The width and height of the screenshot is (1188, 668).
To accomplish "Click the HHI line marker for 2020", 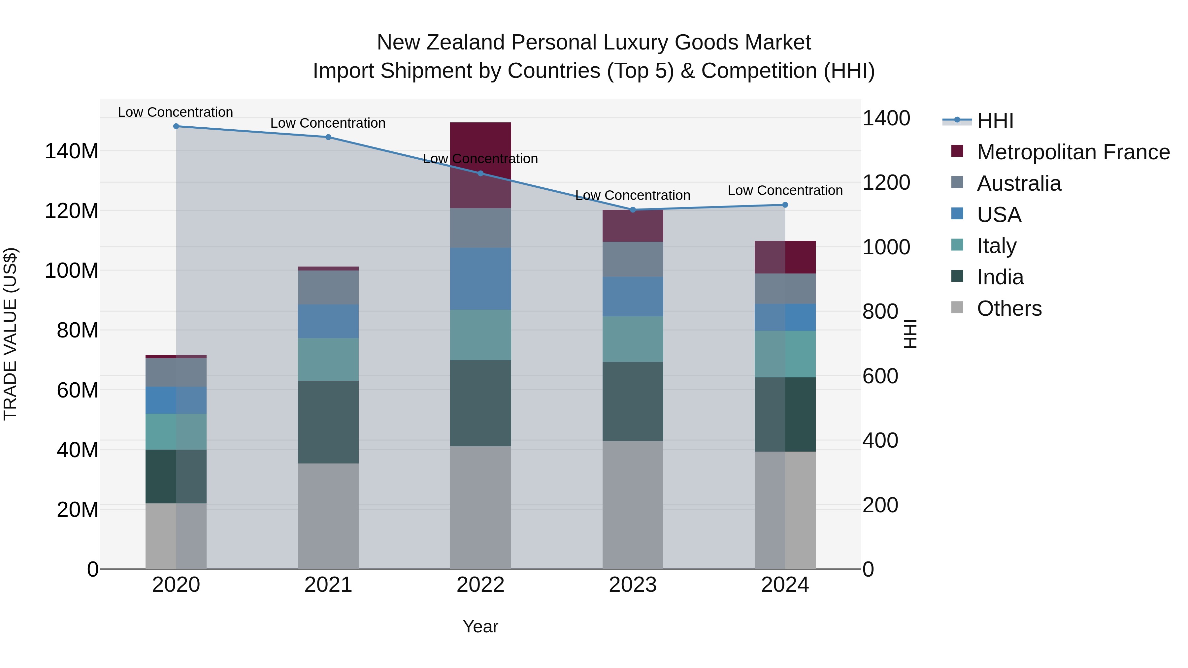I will [176, 126].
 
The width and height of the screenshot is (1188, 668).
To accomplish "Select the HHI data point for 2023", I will [633, 210].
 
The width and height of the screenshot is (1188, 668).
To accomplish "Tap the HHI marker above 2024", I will [785, 205].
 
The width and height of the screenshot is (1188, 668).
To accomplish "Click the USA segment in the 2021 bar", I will [328, 321].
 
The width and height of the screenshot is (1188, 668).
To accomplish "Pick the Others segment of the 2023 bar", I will [633, 505].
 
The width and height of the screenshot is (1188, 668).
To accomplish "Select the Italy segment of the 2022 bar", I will [480, 335].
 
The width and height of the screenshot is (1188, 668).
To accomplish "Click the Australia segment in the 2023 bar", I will [633, 259].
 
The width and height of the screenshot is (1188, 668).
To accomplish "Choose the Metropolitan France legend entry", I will [1073, 152].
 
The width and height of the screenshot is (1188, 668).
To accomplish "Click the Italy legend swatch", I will [957, 245].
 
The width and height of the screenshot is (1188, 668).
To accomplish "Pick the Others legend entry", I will [1009, 308].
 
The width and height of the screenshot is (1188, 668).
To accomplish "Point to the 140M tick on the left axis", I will [72, 151].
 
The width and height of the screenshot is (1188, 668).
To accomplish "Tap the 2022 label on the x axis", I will [480, 585].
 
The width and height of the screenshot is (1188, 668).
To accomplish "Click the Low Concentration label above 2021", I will [328, 123].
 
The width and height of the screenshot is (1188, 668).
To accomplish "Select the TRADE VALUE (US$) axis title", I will [10, 334].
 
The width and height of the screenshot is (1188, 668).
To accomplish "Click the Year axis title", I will [480, 626].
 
